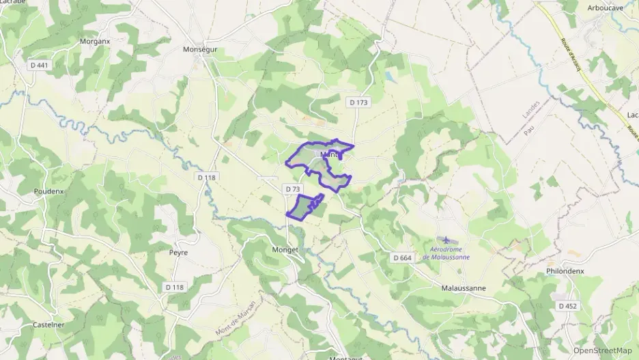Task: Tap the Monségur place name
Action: click(200, 49)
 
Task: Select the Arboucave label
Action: click(606, 8)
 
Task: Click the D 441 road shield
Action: click(40, 65)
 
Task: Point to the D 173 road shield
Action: click(358, 102)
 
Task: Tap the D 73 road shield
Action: click(293, 189)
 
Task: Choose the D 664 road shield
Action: click(403, 258)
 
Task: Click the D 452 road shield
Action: click(568, 306)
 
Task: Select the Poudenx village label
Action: click(48, 191)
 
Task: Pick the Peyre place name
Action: click(178, 252)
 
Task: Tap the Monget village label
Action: click(285, 249)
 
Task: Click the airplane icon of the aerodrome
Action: click(446, 240)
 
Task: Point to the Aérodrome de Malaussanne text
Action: click(446, 253)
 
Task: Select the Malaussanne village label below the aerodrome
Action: click(464, 288)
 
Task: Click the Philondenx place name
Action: click(565, 271)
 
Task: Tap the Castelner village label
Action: click(48, 324)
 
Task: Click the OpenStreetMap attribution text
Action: click(603, 350)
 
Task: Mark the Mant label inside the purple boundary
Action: click(330, 155)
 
